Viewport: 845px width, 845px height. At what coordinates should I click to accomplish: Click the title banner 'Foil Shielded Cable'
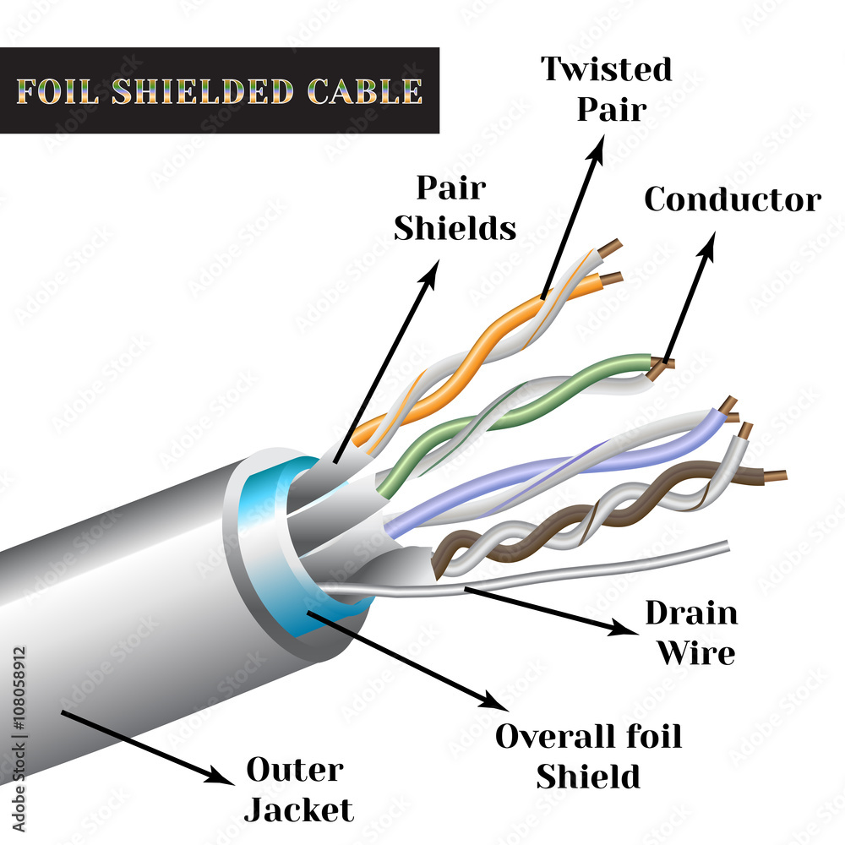point(220,90)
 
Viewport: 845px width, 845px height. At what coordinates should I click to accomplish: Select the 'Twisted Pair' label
point(607,89)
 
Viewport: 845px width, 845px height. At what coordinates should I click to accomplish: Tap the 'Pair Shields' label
point(455,208)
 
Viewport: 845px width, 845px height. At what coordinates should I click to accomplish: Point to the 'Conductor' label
point(732,200)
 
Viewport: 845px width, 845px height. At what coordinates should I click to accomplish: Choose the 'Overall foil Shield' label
point(588,755)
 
